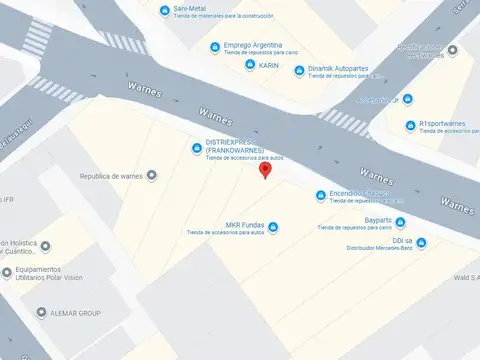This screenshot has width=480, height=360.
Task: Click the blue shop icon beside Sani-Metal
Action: click(x=165, y=10)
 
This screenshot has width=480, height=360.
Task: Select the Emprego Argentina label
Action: click(x=252, y=45)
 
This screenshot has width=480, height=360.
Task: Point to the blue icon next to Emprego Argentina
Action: click(x=214, y=47)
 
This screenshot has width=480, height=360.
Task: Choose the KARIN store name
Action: click(x=269, y=65)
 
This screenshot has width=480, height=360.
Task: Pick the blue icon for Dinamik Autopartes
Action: click(x=299, y=71)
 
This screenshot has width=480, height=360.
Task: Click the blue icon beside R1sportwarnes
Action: click(x=408, y=126)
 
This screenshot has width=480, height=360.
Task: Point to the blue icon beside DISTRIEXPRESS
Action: click(x=196, y=149)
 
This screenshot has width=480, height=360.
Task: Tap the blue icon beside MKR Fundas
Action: click(x=274, y=227)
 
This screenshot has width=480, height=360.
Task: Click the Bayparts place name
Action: click(x=378, y=220)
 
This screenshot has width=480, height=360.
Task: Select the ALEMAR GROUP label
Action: click(x=76, y=313)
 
